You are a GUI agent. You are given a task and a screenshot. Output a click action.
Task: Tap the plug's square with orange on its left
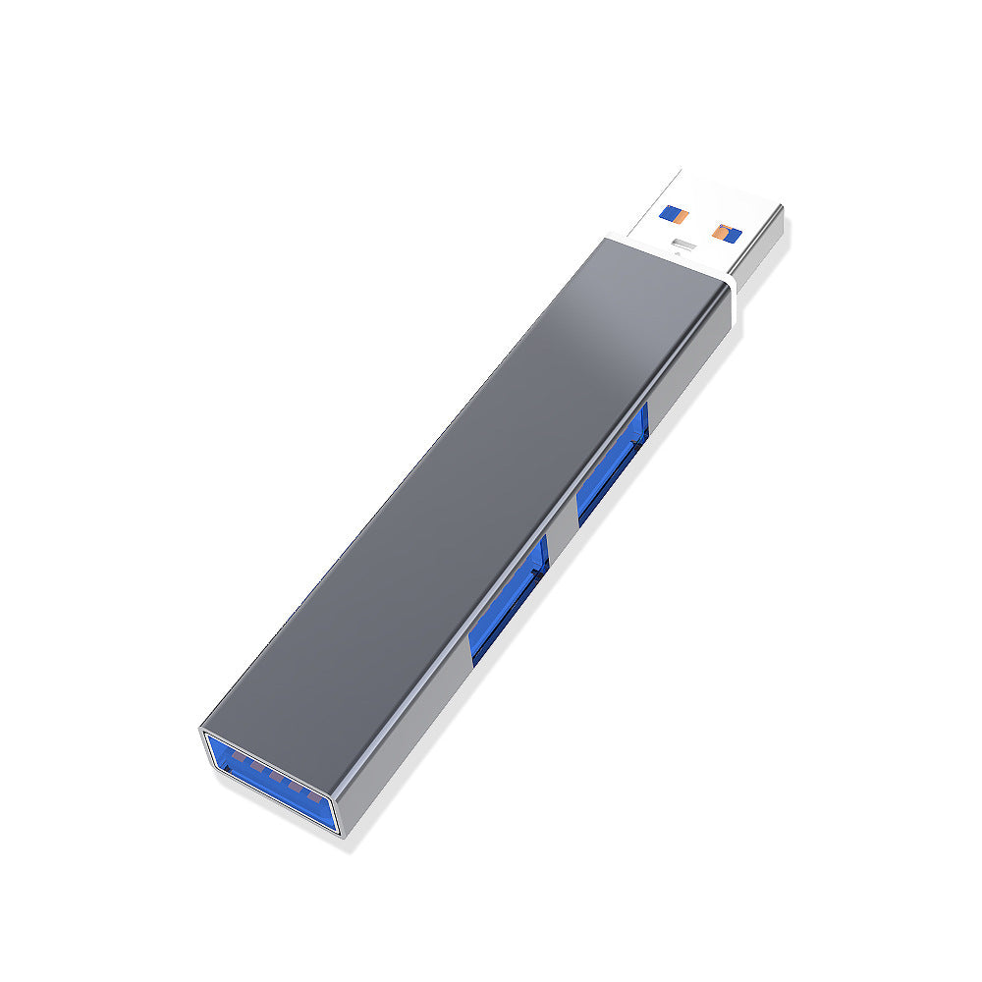tap(725, 232)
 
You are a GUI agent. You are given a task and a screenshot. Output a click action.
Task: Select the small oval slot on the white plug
tap(680, 242)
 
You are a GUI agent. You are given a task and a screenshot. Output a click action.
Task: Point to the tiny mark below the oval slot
tap(677, 252)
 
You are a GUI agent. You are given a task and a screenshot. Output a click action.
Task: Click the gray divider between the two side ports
tap(561, 535)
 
